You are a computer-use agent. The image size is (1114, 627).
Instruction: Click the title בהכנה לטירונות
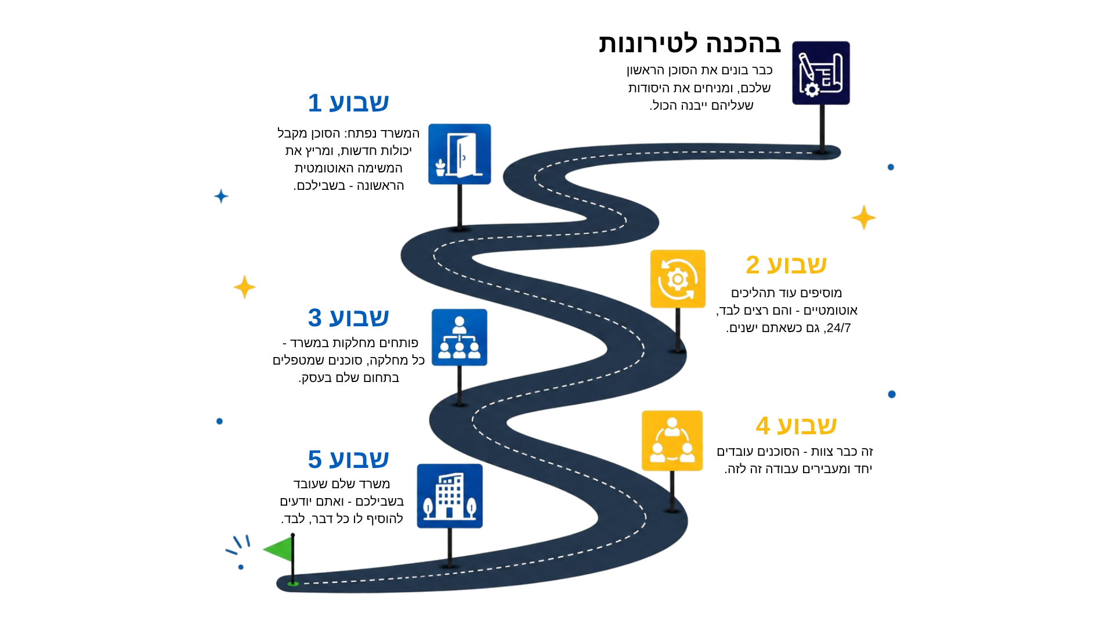pos(690,44)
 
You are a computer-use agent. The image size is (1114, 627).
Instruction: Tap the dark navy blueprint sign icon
pos(821,73)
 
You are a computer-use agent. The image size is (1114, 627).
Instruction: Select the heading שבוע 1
pos(348,103)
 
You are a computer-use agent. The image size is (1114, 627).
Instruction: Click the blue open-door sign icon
pos(460,154)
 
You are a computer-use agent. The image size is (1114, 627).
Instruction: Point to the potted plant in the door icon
pos(440,168)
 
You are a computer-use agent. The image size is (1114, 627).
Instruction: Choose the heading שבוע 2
pos(786,265)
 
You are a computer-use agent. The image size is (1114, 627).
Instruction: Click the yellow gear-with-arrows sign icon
pos(678,279)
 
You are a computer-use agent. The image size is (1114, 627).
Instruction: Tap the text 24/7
pos(838,328)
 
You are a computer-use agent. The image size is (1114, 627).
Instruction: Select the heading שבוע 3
pos(348,318)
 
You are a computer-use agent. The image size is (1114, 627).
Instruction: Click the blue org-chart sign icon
pos(460,337)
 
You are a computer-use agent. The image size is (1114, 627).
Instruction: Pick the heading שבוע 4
pos(796,426)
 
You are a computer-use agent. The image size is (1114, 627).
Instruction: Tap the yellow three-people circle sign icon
pos(672,441)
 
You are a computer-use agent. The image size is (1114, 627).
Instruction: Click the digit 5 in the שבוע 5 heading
pos(314,459)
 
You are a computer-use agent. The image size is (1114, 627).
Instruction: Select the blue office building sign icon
pos(450,496)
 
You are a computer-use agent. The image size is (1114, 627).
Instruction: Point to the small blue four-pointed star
pos(221,196)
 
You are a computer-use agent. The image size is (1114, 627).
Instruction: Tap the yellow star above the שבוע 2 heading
pos(863,217)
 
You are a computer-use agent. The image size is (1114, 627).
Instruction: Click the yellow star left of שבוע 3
pos(244,287)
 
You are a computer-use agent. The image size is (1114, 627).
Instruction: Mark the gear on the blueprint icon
pos(812,89)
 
